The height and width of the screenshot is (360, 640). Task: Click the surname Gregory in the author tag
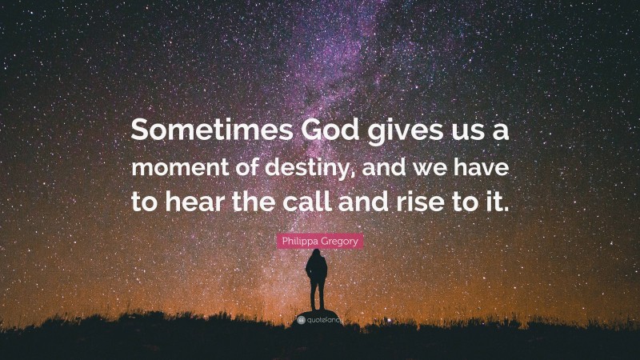point(339,239)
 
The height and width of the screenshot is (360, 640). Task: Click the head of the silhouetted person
point(316,254)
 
